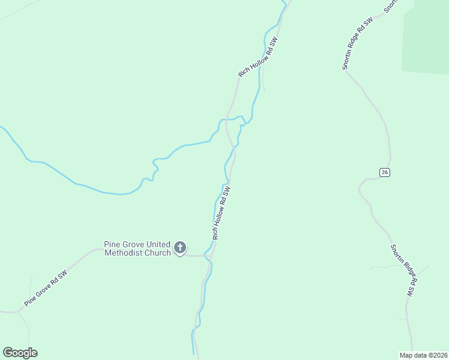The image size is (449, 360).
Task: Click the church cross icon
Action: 179,247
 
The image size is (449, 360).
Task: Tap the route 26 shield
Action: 385,172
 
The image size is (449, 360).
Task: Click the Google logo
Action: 20,353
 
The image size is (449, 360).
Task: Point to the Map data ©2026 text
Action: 423,355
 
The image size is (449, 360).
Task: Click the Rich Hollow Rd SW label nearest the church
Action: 221,212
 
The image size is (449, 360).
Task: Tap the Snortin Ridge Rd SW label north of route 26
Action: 358,43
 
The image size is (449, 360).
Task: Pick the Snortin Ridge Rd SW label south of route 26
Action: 403,270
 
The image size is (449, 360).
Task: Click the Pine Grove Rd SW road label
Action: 46,289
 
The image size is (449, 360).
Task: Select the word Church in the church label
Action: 158,253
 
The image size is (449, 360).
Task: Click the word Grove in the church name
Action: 133,244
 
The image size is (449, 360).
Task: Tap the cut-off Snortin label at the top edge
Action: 391,6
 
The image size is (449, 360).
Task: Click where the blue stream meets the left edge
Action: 2,128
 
